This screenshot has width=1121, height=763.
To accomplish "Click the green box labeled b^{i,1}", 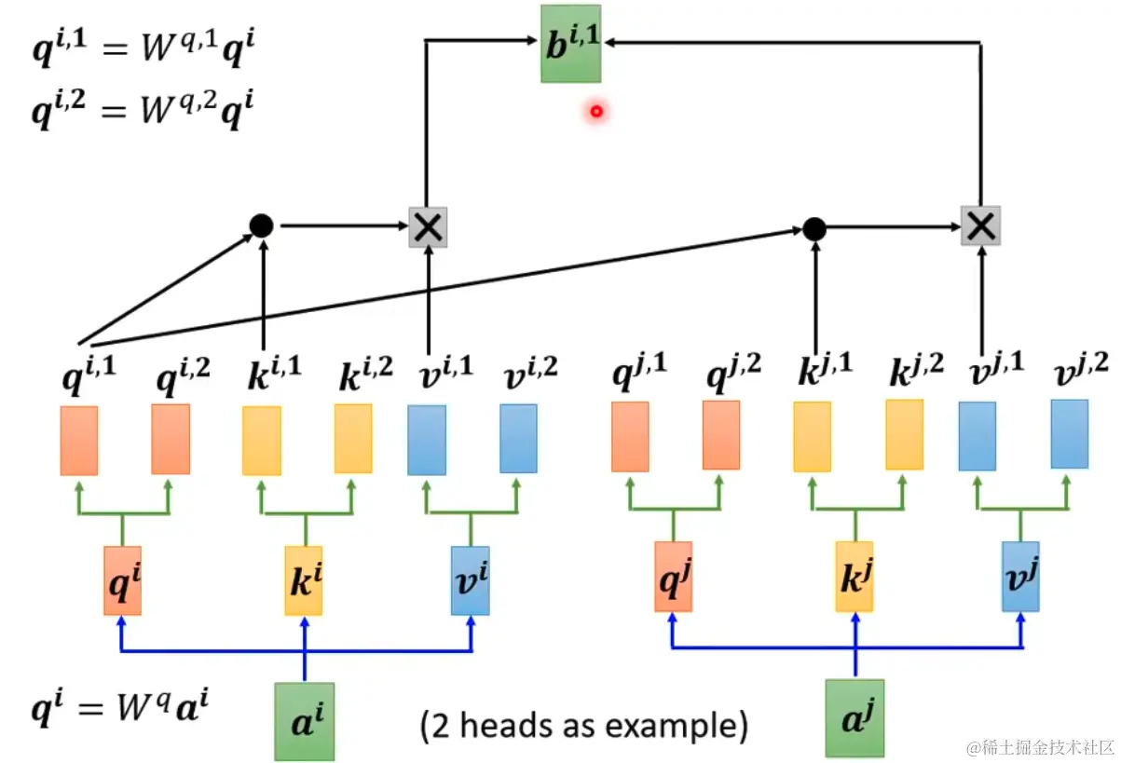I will (570, 43).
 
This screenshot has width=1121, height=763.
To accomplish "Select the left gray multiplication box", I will (428, 225).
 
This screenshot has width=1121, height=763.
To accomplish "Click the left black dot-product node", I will (262, 225).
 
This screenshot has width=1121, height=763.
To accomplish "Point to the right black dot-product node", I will (814, 227).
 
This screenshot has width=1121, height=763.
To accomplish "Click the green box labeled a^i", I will (305, 719).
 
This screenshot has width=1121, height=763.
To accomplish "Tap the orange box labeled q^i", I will (122, 580).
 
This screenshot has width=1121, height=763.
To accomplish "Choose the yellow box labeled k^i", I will (304, 580).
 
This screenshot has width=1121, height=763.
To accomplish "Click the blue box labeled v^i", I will (470, 580).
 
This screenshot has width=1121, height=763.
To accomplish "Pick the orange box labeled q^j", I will (674, 577).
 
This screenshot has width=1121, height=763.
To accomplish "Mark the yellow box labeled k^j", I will (854, 577).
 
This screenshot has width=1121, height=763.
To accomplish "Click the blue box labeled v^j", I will (1021, 577).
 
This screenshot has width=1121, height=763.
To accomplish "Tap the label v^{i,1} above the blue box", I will (441, 370).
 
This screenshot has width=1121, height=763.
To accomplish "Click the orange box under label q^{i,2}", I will (171, 439).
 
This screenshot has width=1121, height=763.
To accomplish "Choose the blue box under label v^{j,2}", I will (1070, 433).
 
